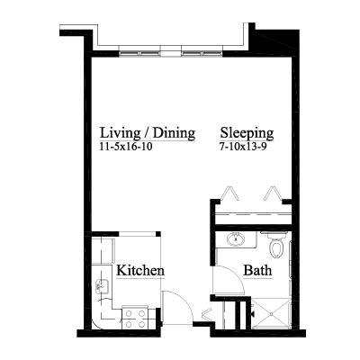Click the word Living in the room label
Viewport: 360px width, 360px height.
[x=120, y=133]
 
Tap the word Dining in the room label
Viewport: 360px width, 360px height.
[x=174, y=133]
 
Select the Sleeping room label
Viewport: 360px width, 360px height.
[x=247, y=133]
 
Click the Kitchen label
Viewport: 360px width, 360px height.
[x=140, y=270]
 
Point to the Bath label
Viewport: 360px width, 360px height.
[x=257, y=270]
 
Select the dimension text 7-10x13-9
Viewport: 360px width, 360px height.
[x=243, y=147]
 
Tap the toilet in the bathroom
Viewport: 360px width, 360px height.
[x=276, y=246]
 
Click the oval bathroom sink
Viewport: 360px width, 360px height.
[x=236, y=239]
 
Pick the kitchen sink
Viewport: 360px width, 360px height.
[x=102, y=286]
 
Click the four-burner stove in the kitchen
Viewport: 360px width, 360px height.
[x=135, y=319]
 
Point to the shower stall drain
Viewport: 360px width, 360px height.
[x=272, y=314]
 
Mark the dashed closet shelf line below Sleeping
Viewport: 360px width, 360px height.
[x=254, y=214]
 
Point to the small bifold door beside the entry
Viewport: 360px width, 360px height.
[x=207, y=315]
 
